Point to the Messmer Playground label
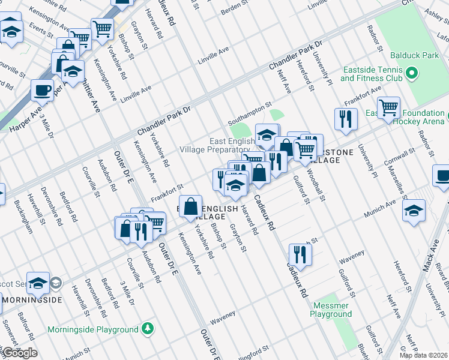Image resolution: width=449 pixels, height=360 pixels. (332, 310)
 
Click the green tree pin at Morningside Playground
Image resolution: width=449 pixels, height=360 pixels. (147, 329)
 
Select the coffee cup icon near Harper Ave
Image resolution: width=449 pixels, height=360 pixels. (42, 90)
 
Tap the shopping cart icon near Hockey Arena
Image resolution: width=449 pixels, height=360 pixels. (389, 108)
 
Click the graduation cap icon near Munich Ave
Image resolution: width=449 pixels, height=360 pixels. (414, 211)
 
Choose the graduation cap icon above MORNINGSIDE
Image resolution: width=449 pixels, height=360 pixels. (38, 283)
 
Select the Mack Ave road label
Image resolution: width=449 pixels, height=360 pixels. (430, 256)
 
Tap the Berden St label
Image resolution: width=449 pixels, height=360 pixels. (234, 10)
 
